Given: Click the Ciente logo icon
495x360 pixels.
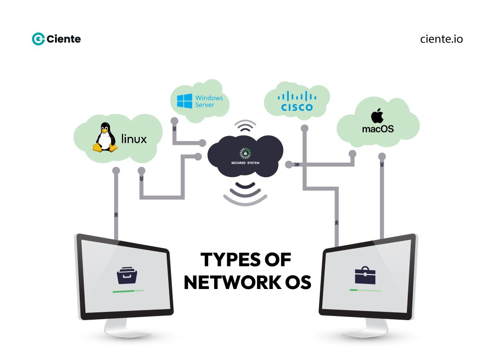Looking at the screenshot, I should [x=38, y=39].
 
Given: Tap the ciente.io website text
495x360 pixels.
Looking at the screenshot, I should [x=441, y=39].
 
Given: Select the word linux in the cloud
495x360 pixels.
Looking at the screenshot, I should [x=134, y=138].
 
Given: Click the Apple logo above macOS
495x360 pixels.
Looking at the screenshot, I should [x=378, y=115].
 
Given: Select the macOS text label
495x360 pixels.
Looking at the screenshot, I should [x=378, y=129].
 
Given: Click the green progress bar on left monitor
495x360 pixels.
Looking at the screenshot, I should [x=128, y=291].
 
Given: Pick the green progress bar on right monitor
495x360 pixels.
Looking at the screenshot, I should [x=365, y=290].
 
